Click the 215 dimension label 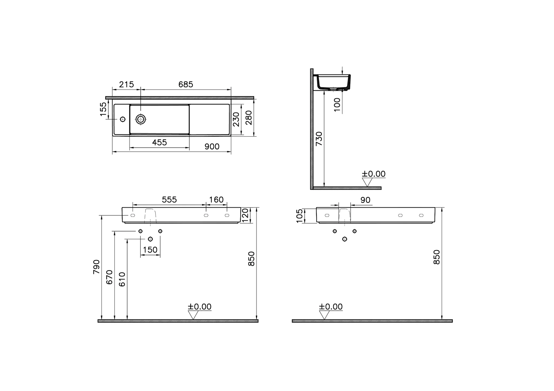[x=126, y=85]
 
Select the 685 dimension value [x=186, y=85]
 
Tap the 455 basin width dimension [x=159, y=143]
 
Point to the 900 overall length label [x=212, y=147]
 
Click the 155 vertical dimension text [x=103, y=109]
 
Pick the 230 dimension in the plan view [x=236, y=119]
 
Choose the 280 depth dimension [x=249, y=118]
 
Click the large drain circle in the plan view [x=141, y=119]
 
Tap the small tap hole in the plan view [x=123, y=119]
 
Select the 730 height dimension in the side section [x=319, y=139]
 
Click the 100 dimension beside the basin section [x=337, y=105]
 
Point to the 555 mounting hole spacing [x=169, y=200]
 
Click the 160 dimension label [x=216, y=200]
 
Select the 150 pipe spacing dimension [x=150, y=250]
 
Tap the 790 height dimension [x=97, y=267]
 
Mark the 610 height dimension [x=122, y=279]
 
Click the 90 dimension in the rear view [x=365, y=200]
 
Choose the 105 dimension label [x=300, y=216]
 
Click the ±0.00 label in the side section [x=374, y=174]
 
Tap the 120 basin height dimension [x=245, y=215]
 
